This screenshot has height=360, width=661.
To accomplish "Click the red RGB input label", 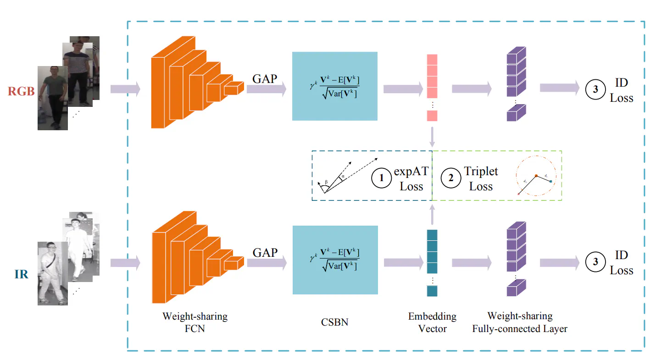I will (x=22, y=91).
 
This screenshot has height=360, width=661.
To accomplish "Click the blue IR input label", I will (x=21, y=274).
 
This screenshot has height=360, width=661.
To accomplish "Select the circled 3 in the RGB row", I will (x=595, y=90).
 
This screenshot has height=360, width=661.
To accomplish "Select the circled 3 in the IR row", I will (x=595, y=262).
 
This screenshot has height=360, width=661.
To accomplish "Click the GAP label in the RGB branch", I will (x=265, y=78).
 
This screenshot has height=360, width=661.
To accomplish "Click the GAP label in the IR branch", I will (x=265, y=253).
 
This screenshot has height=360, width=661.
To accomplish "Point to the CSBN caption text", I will (x=334, y=322).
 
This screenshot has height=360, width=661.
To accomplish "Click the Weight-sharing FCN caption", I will (x=195, y=322).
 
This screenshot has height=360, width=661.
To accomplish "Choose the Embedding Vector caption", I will (x=432, y=322).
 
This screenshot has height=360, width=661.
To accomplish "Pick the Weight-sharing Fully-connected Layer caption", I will (x=520, y=322).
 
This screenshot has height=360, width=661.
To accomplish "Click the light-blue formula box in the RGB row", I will (x=334, y=86).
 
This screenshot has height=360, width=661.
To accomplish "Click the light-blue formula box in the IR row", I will (x=335, y=260).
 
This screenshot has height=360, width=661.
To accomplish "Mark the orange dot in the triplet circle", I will (x=535, y=176).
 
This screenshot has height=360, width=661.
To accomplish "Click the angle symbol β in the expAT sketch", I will (x=326, y=182).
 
